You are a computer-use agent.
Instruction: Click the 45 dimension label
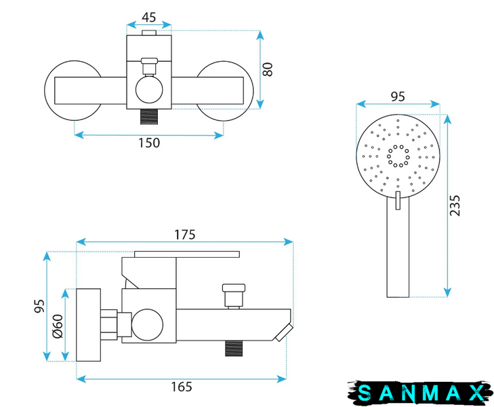pyautogui.click(x=148, y=18)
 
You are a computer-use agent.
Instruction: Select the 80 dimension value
pyautogui.click(x=268, y=69)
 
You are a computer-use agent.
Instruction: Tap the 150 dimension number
pyautogui.click(x=149, y=143)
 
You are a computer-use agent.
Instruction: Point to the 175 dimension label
pyautogui.click(x=185, y=235)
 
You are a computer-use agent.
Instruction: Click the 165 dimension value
pyautogui.click(x=182, y=387)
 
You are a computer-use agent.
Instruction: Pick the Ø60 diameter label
pyautogui.click(x=58, y=326)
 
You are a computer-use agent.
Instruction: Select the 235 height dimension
pyautogui.click(x=455, y=206)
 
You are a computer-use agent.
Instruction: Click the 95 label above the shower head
pyautogui.click(x=398, y=96)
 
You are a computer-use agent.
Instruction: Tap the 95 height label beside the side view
pyautogui.click(x=39, y=306)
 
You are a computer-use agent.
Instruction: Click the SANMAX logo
pyautogui.click(x=420, y=393)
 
